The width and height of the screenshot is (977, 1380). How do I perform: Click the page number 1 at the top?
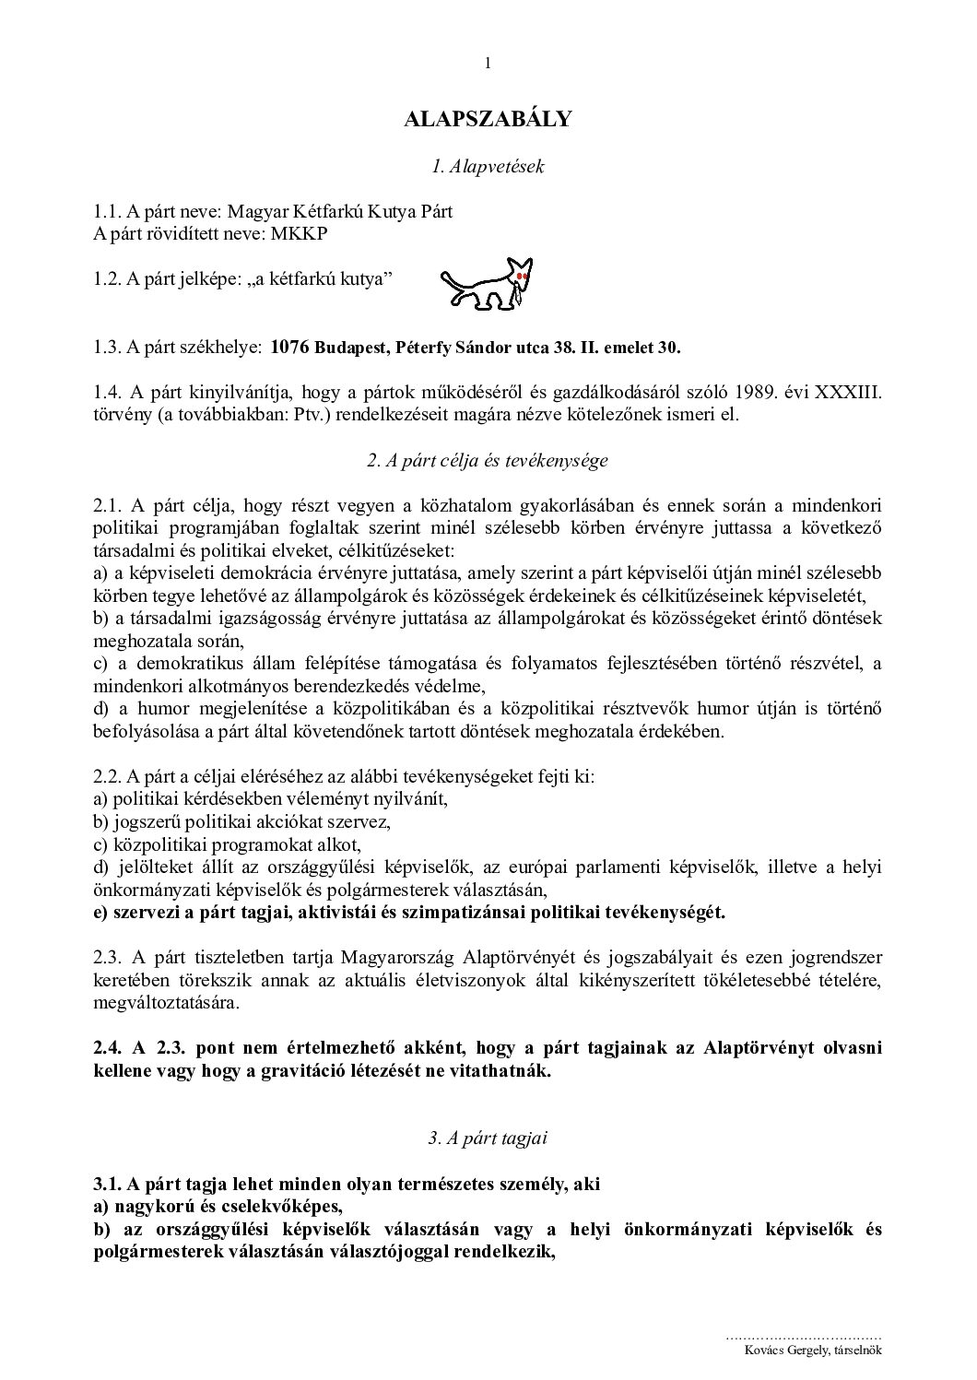click(x=488, y=64)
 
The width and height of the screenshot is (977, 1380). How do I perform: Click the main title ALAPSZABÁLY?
click(x=488, y=119)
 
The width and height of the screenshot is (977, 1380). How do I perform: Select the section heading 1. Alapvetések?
click(x=488, y=167)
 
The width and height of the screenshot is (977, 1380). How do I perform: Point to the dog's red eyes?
click(x=522, y=276)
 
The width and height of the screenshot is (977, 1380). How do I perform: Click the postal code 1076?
click(x=290, y=348)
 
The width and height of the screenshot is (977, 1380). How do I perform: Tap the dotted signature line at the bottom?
click(x=804, y=1335)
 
